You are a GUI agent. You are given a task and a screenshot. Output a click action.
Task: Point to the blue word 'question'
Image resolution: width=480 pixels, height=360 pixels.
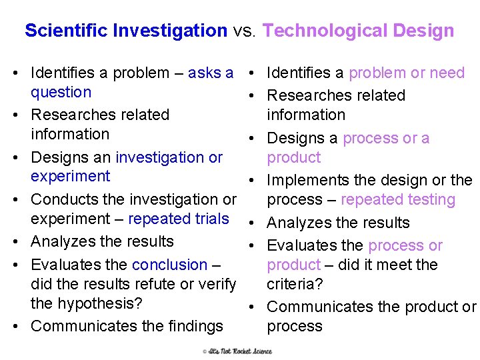tap(61, 92)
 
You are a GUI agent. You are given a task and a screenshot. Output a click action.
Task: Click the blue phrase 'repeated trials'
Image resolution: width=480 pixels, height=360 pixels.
tap(178, 219)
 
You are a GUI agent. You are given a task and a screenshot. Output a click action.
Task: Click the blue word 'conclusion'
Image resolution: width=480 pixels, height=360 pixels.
tap(170, 265)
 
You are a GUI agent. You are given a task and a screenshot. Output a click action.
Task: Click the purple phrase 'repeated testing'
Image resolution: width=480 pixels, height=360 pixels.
tap(398, 199)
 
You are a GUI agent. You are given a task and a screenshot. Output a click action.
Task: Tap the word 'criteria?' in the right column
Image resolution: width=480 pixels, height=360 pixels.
tap(295, 284)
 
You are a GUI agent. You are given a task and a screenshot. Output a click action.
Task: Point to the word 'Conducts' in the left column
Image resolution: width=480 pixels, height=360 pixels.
tap(63, 199)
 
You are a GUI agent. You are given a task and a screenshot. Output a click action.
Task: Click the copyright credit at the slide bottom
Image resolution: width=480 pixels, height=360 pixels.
tap(238, 351)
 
